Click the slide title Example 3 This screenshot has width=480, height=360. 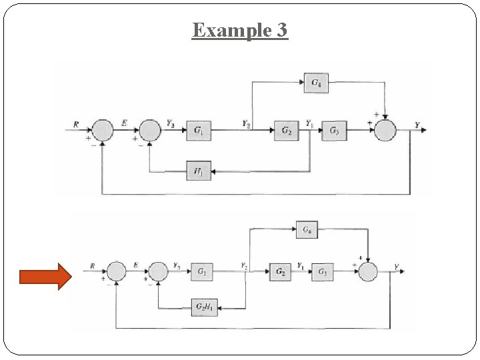(x=240, y=31)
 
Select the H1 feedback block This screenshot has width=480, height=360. (x=199, y=172)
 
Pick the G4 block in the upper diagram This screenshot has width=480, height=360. (x=316, y=83)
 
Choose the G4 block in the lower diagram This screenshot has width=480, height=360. (x=307, y=230)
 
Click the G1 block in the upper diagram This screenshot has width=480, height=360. (x=199, y=131)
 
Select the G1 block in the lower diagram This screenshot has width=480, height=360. (x=202, y=271)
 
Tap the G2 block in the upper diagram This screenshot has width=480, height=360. (x=287, y=131)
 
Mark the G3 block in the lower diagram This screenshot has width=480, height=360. (x=323, y=271)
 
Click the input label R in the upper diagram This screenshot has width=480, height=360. (x=76, y=124)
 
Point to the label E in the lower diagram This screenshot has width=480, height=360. (x=135, y=265)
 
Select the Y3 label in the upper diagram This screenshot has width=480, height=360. (x=171, y=124)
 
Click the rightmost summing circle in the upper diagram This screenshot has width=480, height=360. (x=385, y=131)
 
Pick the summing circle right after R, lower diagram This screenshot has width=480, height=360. (x=116, y=271)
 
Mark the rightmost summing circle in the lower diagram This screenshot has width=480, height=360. (x=368, y=271)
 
